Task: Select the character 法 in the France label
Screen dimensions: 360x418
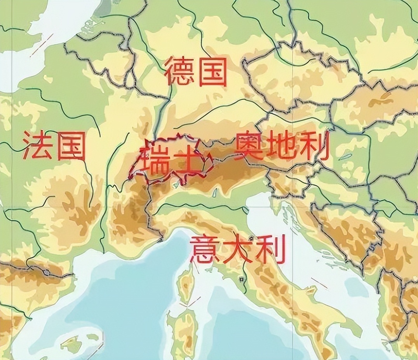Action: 37,145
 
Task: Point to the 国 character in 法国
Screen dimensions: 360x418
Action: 71,146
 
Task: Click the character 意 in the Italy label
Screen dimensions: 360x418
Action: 204,249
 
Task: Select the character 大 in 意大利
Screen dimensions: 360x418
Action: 237,249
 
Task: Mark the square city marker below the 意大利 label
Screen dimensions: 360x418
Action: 242,278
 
